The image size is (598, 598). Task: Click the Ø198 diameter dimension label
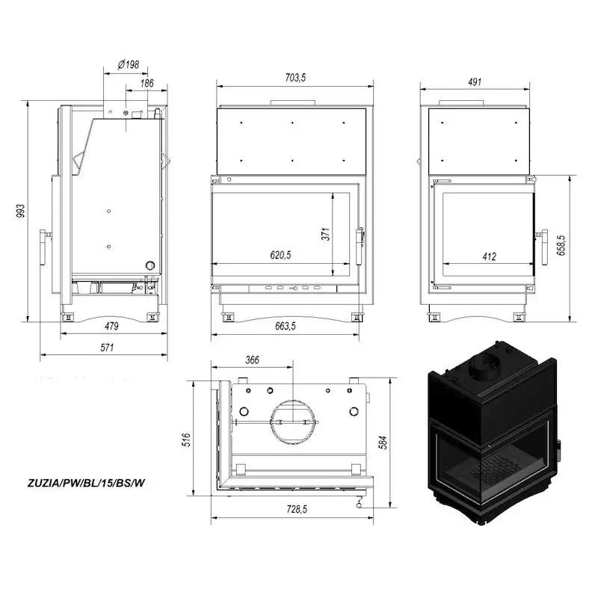pos(129,64)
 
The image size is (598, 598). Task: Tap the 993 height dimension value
pos(21,211)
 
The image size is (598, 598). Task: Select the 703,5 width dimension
pos(295,78)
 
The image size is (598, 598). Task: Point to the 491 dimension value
pos(475,81)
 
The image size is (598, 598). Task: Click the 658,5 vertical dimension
pos(561,245)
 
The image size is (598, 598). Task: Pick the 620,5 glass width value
pos(281,255)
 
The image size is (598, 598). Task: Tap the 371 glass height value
pos(326,234)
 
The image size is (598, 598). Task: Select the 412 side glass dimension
pos(490,256)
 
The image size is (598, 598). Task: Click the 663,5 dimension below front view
pos(286,326)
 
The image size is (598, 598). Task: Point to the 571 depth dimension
pos(107,348)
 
